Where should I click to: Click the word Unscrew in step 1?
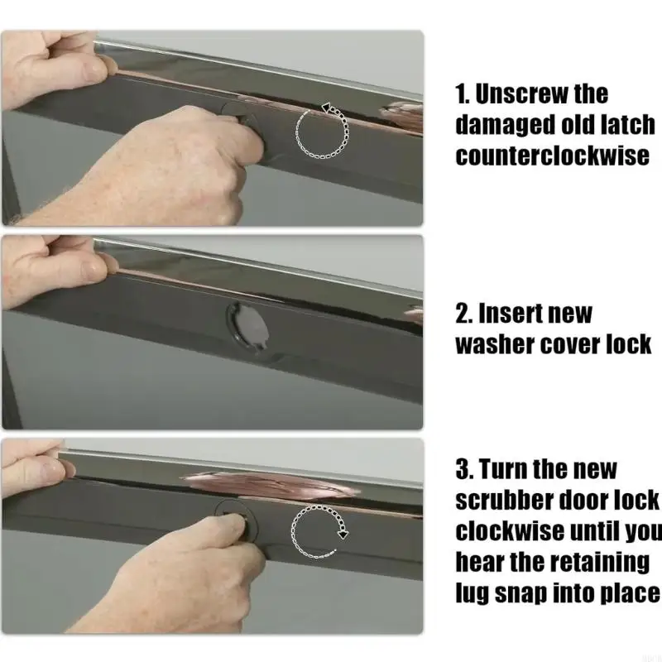(521, 94)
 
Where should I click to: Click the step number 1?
(463, 94)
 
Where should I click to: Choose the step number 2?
(464, 314)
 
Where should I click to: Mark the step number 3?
(464, 468)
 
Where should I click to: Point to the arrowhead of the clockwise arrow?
(343, 534)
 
